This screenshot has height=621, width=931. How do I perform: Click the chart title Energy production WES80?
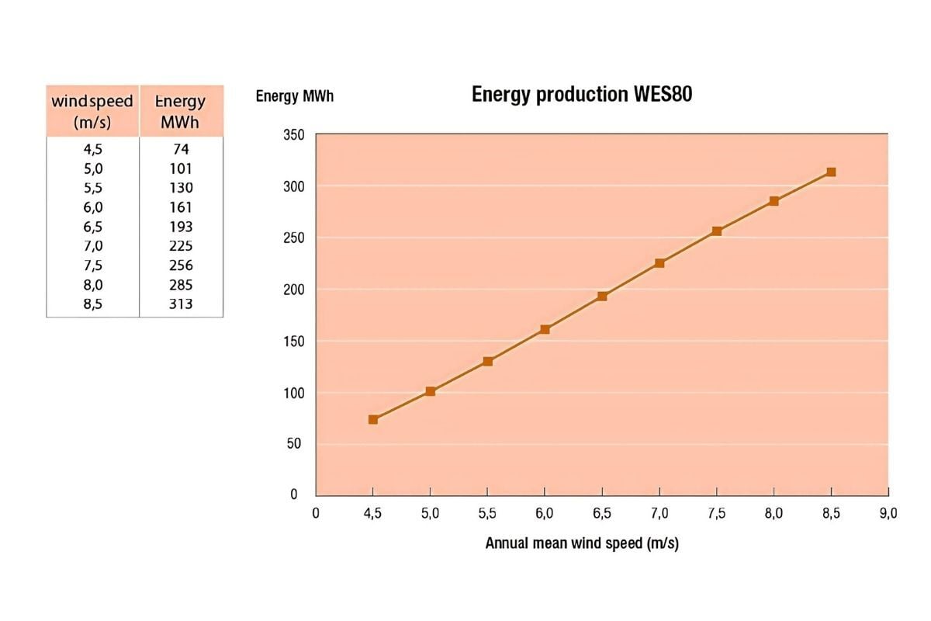582,95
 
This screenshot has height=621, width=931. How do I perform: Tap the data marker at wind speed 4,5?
373,419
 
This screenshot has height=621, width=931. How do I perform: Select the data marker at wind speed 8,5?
831,172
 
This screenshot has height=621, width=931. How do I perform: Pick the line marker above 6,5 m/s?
602,296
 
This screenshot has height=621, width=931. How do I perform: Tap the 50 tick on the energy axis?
296,444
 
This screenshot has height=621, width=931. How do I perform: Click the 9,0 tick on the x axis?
888,513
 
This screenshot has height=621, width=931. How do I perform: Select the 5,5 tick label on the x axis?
487,513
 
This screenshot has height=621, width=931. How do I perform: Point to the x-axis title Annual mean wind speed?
582,543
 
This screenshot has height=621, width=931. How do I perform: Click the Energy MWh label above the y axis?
295,97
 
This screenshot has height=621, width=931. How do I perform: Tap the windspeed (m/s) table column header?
92,111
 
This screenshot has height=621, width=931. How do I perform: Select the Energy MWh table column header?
181,111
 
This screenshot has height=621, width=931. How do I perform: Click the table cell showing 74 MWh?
181,149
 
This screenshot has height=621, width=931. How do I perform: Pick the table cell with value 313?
181,304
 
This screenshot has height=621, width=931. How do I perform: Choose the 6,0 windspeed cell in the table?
92,207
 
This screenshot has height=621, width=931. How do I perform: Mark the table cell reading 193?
181,227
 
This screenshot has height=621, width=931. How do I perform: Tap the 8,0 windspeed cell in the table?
92,285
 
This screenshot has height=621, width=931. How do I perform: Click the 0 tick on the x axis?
316,513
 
